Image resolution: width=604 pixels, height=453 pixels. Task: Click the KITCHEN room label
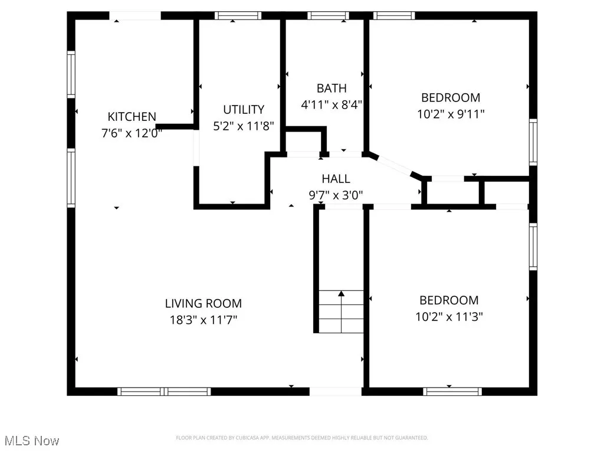click(x=132, y=117)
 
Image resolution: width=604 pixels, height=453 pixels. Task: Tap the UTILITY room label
click(x=244, y=110)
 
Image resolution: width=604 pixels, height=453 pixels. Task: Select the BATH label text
click(x=331, y=88)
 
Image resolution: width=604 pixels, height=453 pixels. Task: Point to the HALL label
click(x=336, y=179)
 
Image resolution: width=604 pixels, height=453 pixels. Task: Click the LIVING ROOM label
click(x=203, y=304)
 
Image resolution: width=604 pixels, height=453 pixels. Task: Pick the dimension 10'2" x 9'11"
click(x=451, y=114)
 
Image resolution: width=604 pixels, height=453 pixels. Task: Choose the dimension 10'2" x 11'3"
click(x=449, y=317)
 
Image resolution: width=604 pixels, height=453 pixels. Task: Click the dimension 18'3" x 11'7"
click(x=204, y=320)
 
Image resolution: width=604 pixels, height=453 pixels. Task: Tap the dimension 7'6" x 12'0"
click(x=132, y=133)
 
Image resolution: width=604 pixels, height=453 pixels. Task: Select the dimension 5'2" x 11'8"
click(x=244, y=126)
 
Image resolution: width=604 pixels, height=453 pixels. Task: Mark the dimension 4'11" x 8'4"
click(x=331, y=105)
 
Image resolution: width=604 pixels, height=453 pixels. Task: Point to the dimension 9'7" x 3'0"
click(x=336, y=195)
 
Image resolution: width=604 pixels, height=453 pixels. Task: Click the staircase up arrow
click(x=341, y=293)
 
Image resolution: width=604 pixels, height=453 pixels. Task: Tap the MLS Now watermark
click(x=31, y=441)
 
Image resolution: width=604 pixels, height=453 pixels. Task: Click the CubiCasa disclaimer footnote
click(x=302, y=438)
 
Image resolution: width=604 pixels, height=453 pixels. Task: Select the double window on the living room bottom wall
click(x=164, y=391)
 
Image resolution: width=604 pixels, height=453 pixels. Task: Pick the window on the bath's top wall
click(x=328, y=16)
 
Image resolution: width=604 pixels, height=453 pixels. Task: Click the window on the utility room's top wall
click(x=238, y=16)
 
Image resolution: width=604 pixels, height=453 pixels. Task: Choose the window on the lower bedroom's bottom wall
click(x=452, y=391)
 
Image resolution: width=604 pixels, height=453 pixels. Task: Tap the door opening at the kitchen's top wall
click(x=136, y=16)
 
